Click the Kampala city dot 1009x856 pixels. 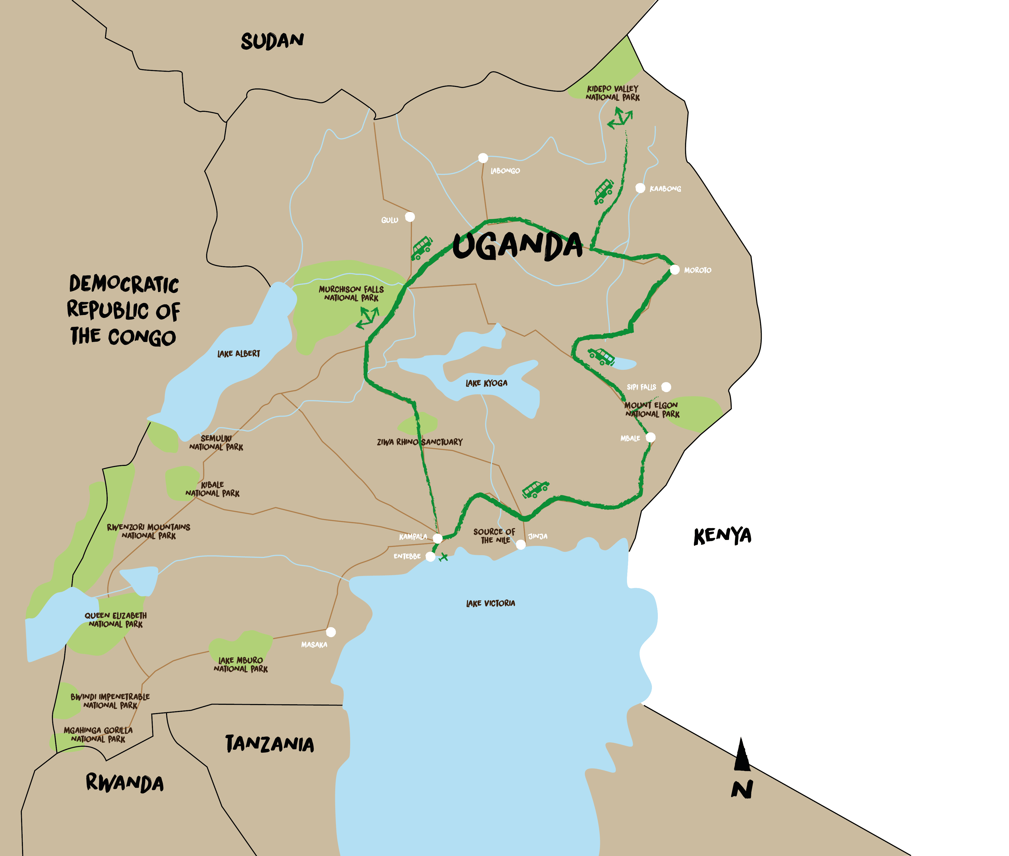pyautogui.click(x=437, y=538)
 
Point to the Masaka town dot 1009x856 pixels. pyautogui.click(x=331, y=632)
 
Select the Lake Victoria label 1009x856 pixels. pyautogui.click(x=490, y=603)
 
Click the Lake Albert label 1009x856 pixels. pyautogui.click(x=239, y=354)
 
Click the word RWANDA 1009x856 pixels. pyautogui.click(x=125, y=783)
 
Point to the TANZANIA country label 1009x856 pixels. pyautogui.click(x=270, y=744)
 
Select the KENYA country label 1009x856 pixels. pyautogui.click(x=722, y=536)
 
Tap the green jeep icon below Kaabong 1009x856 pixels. pyautogui.click(x=604, y=191)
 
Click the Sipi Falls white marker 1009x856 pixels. pyautogui.click(x=666, y=387)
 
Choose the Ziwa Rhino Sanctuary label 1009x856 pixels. pyautogui.click(x=420, y=442)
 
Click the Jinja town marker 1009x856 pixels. pyautogui.click(x=521, y=544)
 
